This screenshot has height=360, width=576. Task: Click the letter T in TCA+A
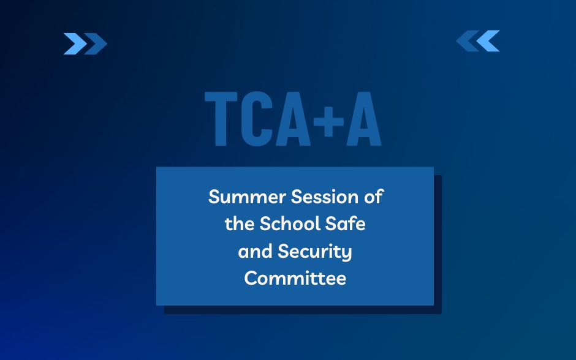click(221, 119)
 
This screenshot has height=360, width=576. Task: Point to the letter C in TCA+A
click(257, 119)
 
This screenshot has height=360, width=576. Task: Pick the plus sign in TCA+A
click(329, 122)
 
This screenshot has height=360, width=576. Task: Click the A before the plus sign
click(293, 119)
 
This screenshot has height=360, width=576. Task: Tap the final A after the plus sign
click(364, 119)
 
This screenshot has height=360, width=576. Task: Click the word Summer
click(247, 197)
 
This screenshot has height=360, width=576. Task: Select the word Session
click(324, 197)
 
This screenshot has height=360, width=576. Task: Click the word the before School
click(240, 223)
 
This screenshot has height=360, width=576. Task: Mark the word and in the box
click(255, 252)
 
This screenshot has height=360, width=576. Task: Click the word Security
click(315, 252)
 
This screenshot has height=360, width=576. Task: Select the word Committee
click(295, 278)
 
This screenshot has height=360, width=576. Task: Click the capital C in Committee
click(251, 278)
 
